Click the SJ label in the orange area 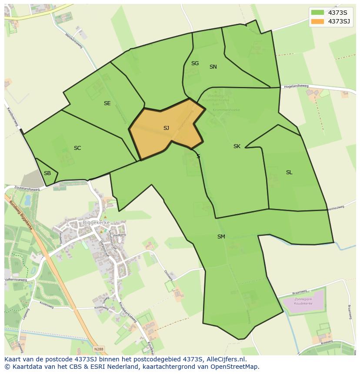166,128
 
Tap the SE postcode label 107,103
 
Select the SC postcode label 77,148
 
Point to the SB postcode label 47,173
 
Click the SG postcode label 195,63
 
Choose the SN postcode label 213,67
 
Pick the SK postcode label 237,146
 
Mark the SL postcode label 289,172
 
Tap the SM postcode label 221,237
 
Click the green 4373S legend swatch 317,12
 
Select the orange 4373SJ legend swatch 317,21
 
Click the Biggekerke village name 96,222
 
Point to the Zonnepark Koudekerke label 304,302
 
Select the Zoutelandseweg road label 27,189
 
